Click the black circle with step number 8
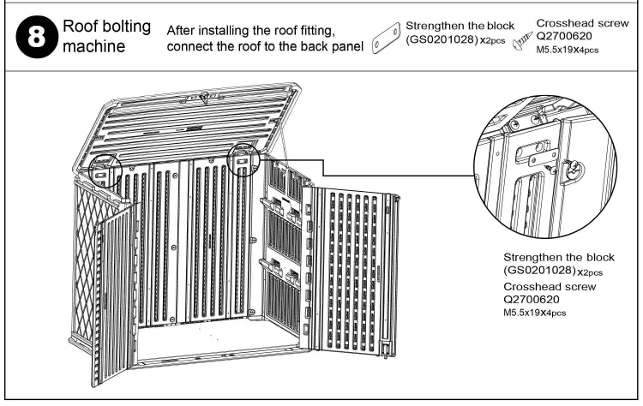[x=33, y=35]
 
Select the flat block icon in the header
[x=387, y=37]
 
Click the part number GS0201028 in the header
[x=443, y=39]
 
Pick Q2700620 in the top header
[x=565, y=37]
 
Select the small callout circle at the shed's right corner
[x=245, y=159]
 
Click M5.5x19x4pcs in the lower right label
[x=534, y=313]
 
